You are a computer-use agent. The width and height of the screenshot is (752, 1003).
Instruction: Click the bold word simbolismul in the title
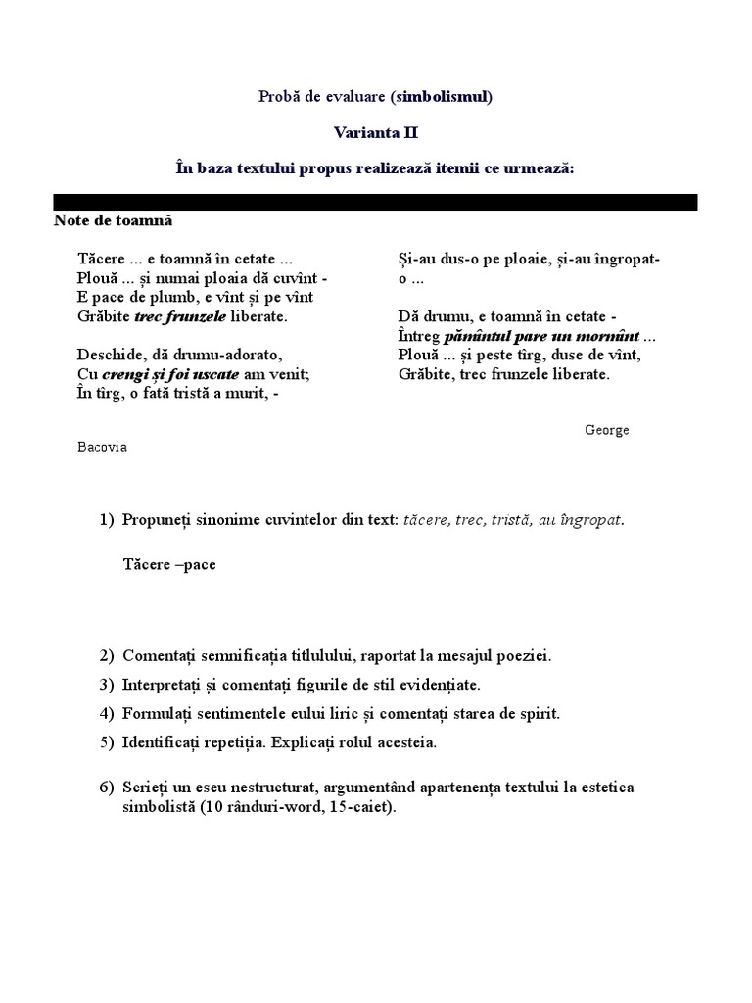point(441,96)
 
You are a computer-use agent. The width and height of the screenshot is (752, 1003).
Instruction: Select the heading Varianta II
point(375,132)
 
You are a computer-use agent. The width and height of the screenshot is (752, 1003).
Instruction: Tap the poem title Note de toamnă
point(113,221)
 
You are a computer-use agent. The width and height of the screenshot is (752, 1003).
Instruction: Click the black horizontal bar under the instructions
point(375,202)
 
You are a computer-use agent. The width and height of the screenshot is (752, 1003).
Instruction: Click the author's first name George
point(607,430)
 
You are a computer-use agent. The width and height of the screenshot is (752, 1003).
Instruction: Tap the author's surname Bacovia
point(102,447)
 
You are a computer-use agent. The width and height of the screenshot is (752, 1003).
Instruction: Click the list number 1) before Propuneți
point(107,519)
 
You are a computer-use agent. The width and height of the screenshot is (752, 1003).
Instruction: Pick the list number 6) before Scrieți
point(107,788)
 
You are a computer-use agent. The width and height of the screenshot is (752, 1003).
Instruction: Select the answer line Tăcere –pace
point(169,564)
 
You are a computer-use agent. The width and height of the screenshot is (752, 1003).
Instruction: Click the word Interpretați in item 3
point(163,684)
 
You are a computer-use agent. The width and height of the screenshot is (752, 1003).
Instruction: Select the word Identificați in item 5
point(164,742)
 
